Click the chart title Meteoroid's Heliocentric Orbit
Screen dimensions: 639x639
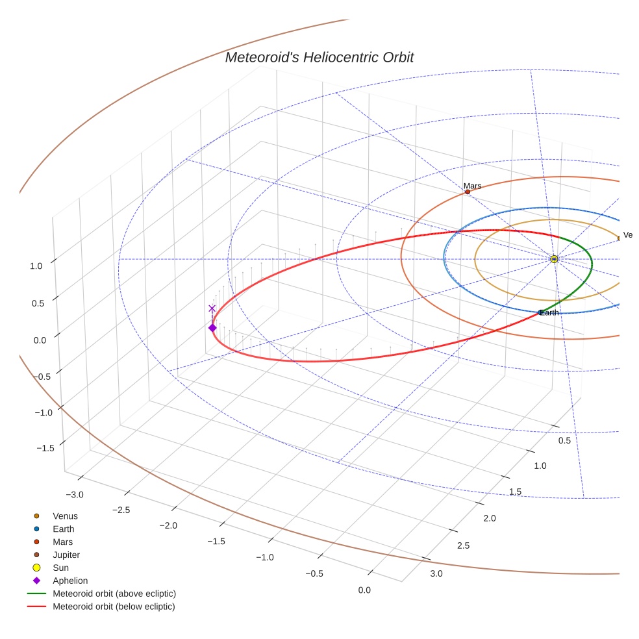coord(319,58)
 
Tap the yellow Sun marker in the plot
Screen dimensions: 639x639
coord(554,259)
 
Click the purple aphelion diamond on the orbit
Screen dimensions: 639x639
coord(212,328)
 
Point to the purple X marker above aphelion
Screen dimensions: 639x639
coord(212,308)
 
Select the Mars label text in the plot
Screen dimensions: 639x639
coord(473,186)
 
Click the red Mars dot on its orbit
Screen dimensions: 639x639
coord(468,192)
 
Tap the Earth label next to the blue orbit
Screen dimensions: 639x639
coord(549,313)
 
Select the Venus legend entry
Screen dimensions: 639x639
coord(65,516)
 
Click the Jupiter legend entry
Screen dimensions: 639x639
coord(66,555)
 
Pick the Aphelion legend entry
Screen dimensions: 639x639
coord(70,581)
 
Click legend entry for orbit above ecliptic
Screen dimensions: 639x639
coord(114,594)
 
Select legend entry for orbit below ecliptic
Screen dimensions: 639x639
coord(114,607)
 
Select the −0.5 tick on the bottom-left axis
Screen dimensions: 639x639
coord(314,573)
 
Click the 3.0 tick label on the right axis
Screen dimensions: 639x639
coord(436,573)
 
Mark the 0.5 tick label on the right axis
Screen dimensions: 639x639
coord(564,442)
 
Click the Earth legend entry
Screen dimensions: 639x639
coord(63,529)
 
